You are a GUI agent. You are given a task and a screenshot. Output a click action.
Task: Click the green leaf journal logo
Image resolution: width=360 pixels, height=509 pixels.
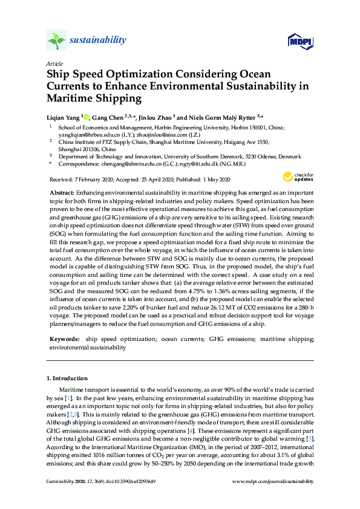tap(56, 41)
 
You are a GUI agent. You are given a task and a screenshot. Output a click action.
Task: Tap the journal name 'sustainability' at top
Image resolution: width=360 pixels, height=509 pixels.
tap(98, 41)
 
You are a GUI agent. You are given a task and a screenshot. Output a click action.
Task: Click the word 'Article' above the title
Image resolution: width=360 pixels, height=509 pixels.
tap(54, 63)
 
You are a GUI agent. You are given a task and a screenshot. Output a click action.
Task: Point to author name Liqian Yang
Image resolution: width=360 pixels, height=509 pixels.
tap(63, 117)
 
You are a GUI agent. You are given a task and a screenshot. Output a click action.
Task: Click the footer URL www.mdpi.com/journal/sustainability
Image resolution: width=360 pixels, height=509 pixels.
tap(273, 481)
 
